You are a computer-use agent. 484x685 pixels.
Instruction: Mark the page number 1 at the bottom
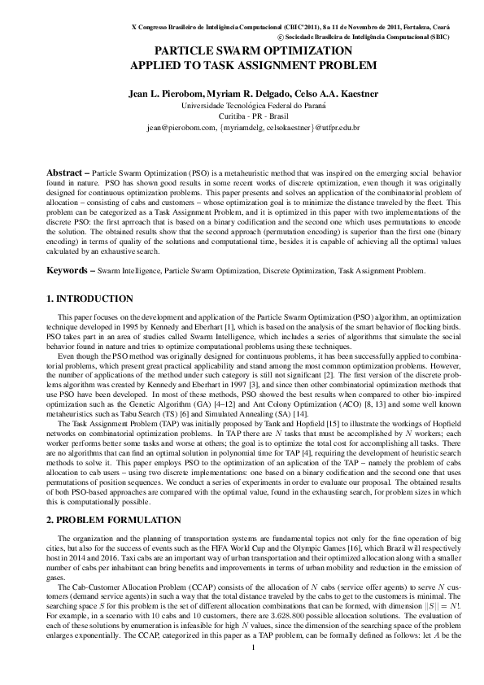[x=254, y=670]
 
